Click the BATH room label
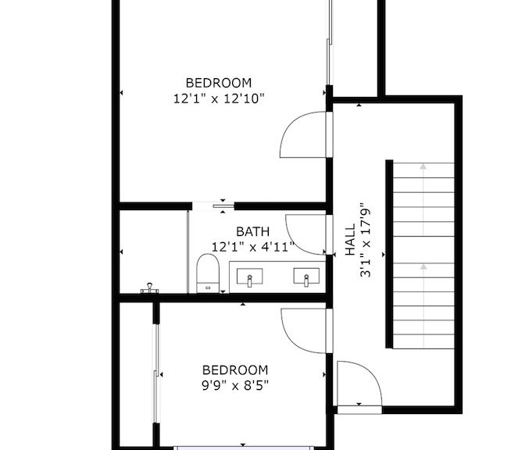(252, 231)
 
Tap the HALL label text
(350, 240)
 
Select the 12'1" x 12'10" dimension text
(219, 98)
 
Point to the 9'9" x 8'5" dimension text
(235, 385)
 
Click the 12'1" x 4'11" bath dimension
(252, 247)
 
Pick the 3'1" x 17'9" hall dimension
(366, 240)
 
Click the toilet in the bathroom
(208, 273)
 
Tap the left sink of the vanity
(250, 277)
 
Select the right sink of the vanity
(306, 277)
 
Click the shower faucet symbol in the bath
(150, 288)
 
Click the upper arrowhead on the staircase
(423, 166)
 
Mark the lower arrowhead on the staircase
(423, 266)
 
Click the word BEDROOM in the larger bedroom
(219, 83)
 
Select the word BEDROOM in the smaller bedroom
(235, 370)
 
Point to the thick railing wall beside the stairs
(389, 254)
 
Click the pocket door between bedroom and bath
(223, 206)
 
